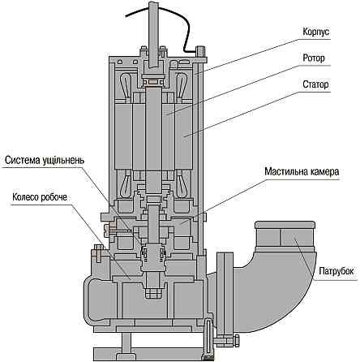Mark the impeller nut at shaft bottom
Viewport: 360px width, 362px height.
coord(150,287)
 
